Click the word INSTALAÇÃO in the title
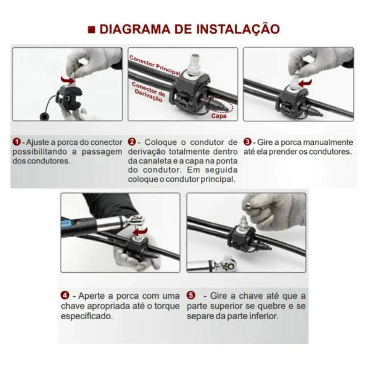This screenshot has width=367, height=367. [238, 29]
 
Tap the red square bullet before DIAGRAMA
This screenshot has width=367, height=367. [91, 29]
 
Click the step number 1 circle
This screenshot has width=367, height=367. [16, 142]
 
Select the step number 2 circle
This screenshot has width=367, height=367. [132, 142]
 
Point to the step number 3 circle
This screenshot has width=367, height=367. [247, 142]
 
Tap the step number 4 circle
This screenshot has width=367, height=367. [65, 295]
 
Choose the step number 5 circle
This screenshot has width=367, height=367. [191, 295]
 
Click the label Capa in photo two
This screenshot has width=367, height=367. [219, 116]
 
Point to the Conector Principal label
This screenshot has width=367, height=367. [155, 65]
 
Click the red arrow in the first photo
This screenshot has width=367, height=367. [67, 80]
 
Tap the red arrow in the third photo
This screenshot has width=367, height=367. [306, 83]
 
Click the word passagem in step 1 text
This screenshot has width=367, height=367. [102, 152]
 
